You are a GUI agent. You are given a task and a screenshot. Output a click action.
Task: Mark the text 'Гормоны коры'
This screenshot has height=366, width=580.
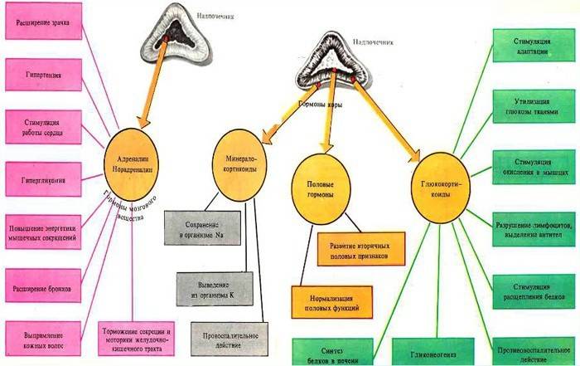pos(320,104)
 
